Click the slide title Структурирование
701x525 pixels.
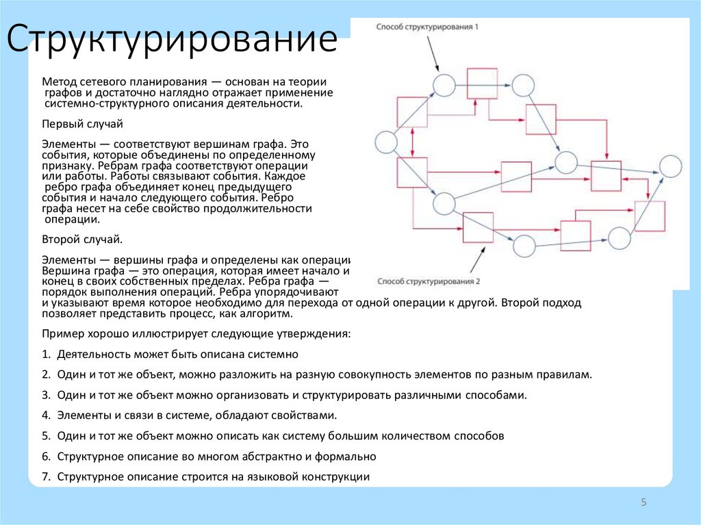(x=172, y=42)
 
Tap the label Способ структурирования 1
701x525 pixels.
(x=427, y=27)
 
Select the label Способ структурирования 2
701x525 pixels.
(x=429, y=281)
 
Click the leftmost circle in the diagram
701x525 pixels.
(x=386, y=142)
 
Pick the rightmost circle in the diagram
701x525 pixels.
(x=670, y=166)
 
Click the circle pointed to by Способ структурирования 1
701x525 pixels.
(x=444, y=85)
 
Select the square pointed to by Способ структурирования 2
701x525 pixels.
(x=478, y=227)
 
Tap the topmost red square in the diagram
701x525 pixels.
(x=481, y=83)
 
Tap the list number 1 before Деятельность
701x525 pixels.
(x=45, y=355)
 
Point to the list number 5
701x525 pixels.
(x=45, y=436)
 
